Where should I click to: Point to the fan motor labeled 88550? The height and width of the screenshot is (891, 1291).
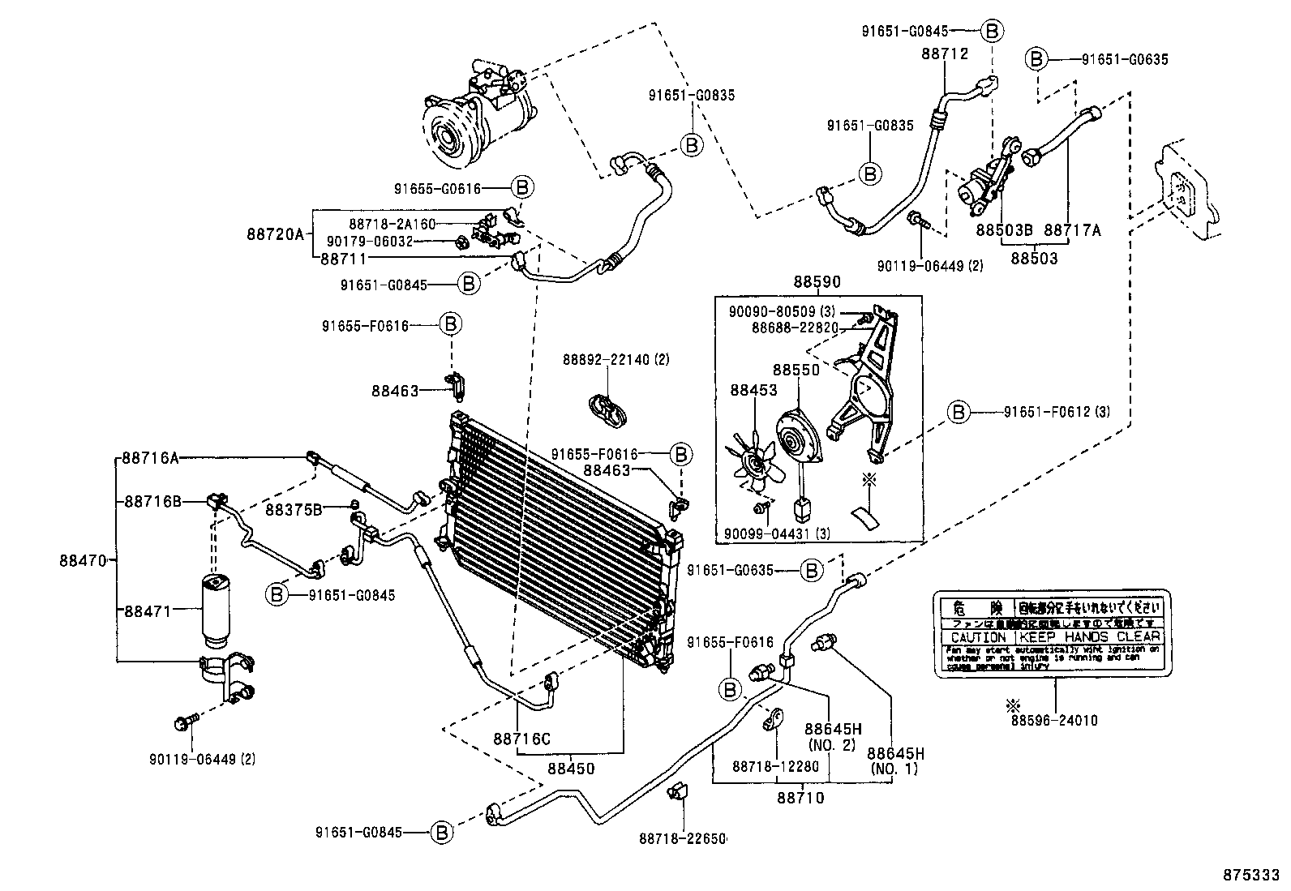click(x=796, y=441)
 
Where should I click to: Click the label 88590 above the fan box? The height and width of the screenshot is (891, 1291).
click(x=817, y=282)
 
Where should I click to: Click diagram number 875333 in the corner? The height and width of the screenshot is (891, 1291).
click(x=1251, y=876)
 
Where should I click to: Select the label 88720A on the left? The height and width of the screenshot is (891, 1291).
click(x=275, y=234)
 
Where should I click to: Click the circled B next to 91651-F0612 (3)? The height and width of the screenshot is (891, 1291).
click(x=959, y=412)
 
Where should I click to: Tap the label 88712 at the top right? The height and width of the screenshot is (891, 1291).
click(x=945, y=54)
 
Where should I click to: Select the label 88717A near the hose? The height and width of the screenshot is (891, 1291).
click(x=1072, y=230)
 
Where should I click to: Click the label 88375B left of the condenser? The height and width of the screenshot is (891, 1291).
click(x=294, y=509)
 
